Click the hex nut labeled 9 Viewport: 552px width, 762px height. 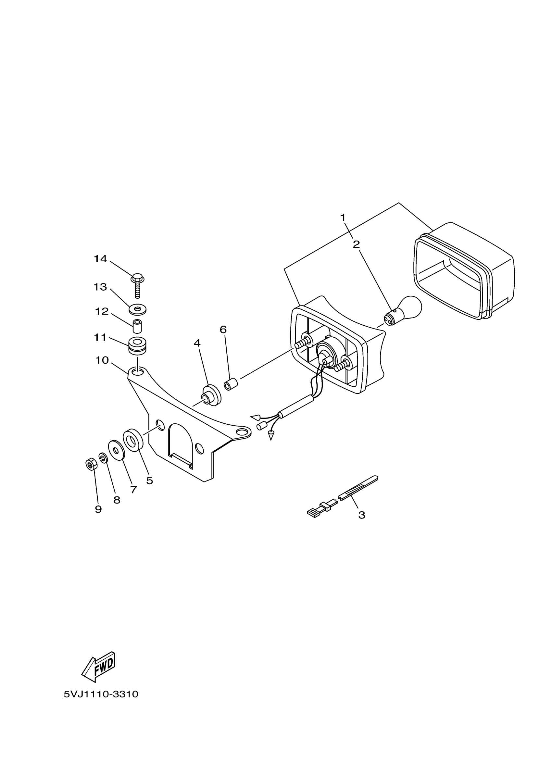click(91, 465)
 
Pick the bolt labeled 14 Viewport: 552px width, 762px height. click(137, 284)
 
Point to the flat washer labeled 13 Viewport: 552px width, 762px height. click(138, 309)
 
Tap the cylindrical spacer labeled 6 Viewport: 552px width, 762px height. click(231, 384)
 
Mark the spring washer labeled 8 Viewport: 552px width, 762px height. click(103, 457)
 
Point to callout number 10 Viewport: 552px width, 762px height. click(102, 360)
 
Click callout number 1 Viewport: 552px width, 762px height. click(343, 218)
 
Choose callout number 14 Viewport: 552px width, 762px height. click(100, 259)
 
